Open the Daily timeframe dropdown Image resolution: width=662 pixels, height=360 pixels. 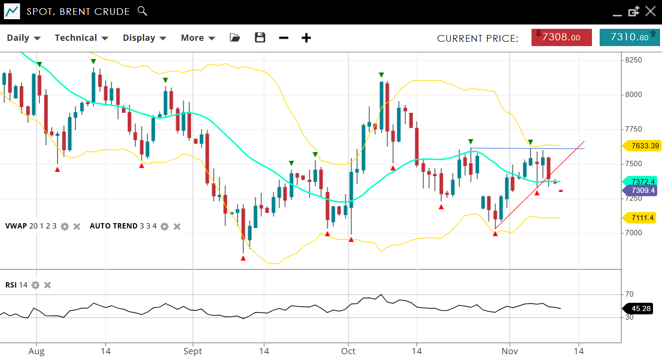click(24, 38)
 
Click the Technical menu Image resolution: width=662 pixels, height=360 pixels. click(81, 38)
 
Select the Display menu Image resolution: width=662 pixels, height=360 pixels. click(144, 38)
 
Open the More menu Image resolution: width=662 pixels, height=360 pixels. click(198, 38)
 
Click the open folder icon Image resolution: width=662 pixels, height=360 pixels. click(235, 38)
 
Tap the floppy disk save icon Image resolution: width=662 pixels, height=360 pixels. click(260, 38)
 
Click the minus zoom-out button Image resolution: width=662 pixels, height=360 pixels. click(284, 38)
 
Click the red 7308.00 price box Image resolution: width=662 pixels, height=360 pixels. click(561, 37)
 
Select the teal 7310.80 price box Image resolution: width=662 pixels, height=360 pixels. click(629, 37)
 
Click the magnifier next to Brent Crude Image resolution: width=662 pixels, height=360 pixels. click(142, 11)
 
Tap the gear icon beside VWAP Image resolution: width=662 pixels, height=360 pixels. click(65, 226)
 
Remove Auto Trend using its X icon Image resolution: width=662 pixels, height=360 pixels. click(177, 226)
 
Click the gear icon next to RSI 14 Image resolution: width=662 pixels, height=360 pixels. click(35, 285)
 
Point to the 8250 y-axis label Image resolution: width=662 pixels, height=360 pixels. click(633, 60)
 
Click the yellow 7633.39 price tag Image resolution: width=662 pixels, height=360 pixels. click(642, 146)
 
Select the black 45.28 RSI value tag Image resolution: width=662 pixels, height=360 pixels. click(638, 308)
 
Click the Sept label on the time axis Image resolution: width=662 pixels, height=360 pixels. click(192, 351)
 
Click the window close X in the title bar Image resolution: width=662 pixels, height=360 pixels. click(650, 12)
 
